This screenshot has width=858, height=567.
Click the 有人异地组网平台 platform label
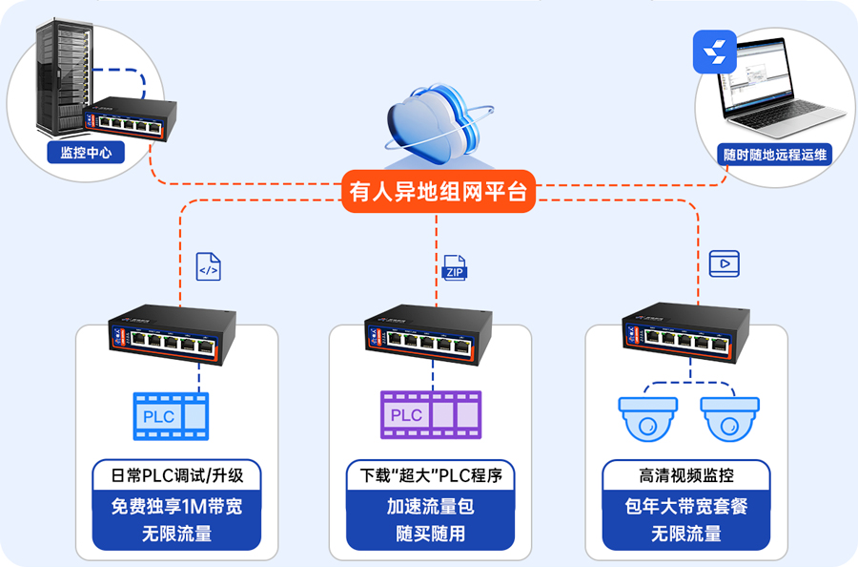(438, 192)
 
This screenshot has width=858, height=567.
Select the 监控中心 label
(86, 153)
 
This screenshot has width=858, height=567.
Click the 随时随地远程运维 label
(775, 154)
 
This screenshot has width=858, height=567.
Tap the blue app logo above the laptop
(715, 52)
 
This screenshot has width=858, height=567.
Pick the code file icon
(208, 266)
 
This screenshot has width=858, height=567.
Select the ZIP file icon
(455, 267)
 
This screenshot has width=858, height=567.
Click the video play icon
(724, 262)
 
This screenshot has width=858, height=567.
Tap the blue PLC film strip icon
(171, 416)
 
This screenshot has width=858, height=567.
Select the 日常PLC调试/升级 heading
(177, 474)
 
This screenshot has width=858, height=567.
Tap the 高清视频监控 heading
(685, 474)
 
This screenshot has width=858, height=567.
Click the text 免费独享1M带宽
(177, 506)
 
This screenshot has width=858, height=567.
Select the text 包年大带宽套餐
(685, 506)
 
